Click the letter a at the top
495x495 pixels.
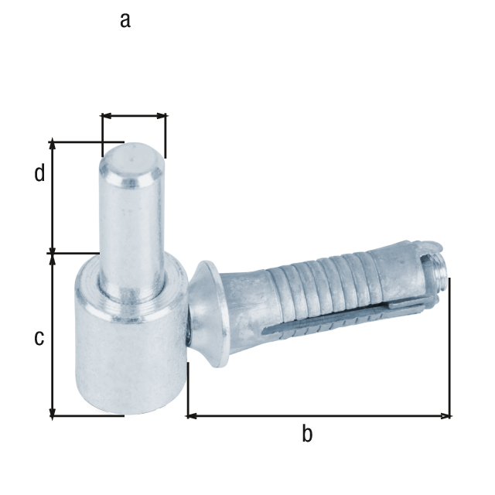(125, 20)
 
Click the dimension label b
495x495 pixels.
(307, 435)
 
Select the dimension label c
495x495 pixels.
(38, 338)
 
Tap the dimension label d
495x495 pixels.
(39, 173)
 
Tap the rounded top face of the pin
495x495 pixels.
(131, 159)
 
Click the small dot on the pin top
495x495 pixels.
(131, 156)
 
